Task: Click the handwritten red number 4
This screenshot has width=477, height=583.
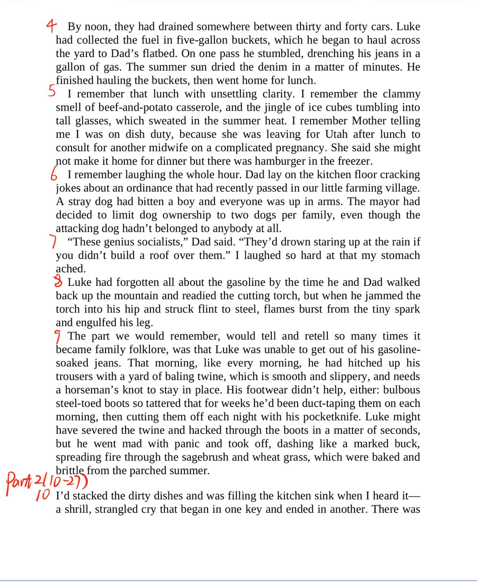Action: (x=52, y=26)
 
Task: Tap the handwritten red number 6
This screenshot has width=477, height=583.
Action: (x=54, y=174)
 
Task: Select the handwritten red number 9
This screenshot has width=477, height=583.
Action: (x=57, y=337)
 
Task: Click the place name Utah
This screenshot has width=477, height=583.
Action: (x=339, y=134)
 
